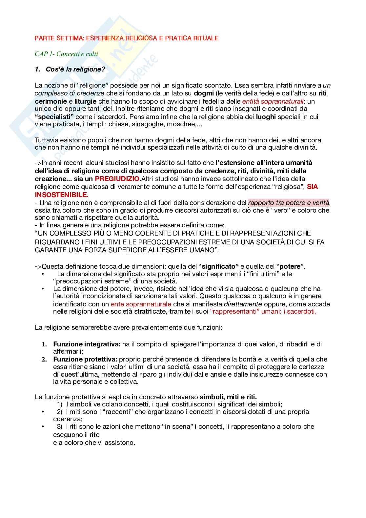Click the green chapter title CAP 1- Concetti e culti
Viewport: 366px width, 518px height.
pos(66,54)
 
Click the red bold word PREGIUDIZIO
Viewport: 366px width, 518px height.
pos(117,179)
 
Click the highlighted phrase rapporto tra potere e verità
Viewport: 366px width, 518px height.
pos(289,202)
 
